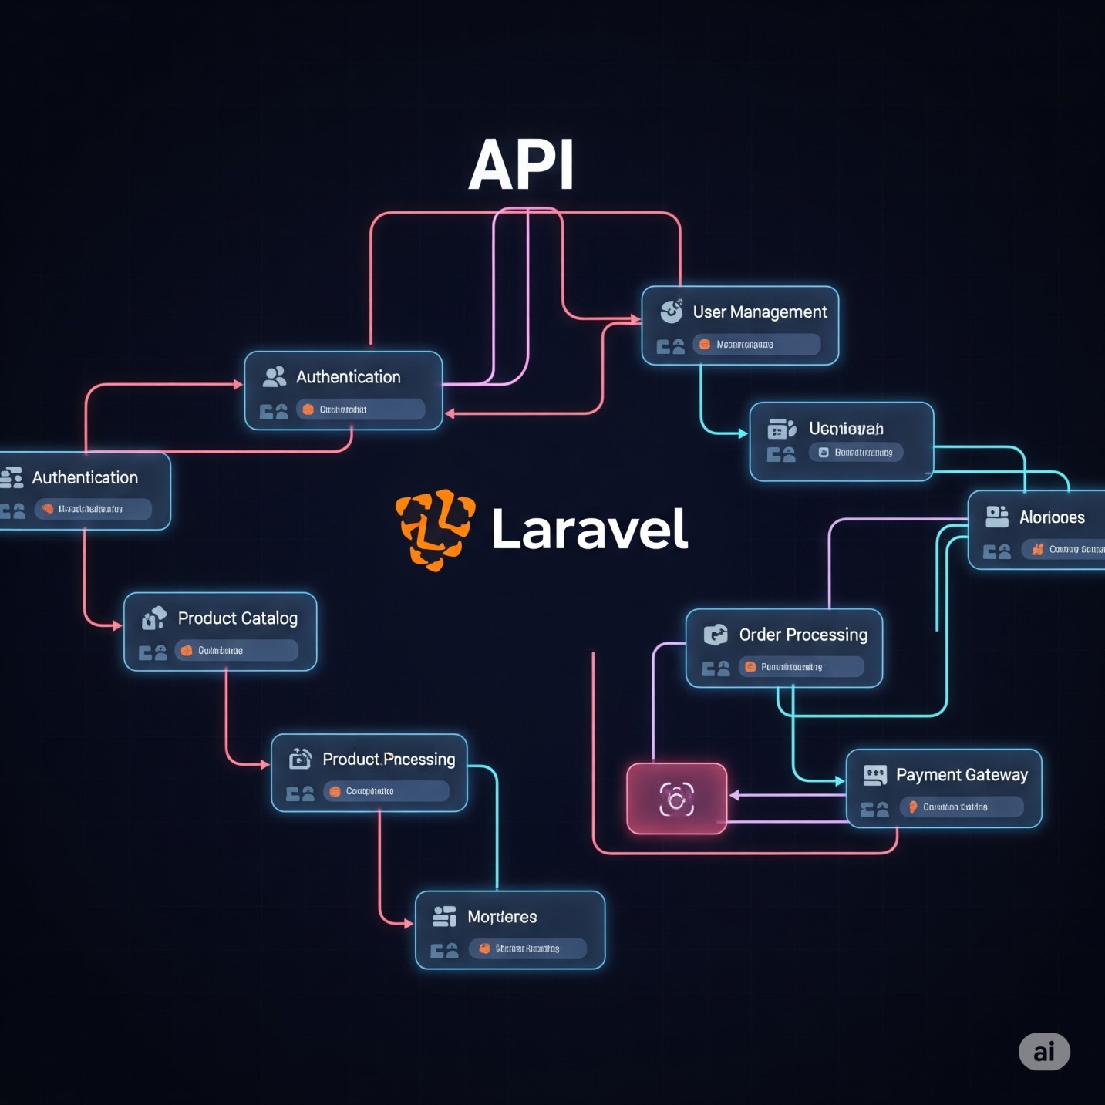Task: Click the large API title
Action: [x=521, y=165]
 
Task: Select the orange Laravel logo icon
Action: [x=435, y=530]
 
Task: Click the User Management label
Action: [x=760, y=312]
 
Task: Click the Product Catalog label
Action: [x=238, y=618]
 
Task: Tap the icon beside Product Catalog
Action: [x=154, y=618]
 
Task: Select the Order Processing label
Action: [x=803, y=635]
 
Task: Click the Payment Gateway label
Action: [x=962, y=775]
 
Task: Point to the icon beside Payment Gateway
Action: [x=875, y=775]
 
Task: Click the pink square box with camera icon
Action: [x=676, y=799]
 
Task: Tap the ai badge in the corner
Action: [x=1044, y=1052]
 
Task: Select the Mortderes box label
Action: [x=502, y=917]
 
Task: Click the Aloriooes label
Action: [x=1052, y=517]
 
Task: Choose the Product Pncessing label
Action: [x=389, y=760]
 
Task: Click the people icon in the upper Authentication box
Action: [x=274, y=376]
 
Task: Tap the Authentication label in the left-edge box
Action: [x=85, y=478]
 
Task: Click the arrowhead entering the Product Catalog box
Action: [x=117, y=625]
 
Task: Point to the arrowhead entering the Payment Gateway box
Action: [x=840, y=781]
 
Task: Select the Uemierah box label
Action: [x=846, y=429]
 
